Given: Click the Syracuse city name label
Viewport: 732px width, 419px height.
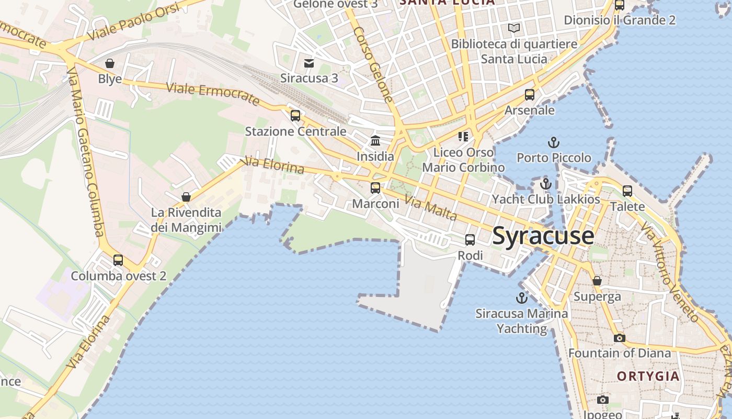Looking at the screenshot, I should (x=543, y=236).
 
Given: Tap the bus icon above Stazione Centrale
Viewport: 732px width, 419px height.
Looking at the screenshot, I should (x=295, y=116).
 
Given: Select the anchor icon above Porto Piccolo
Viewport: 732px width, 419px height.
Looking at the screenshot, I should (x=553, y=142).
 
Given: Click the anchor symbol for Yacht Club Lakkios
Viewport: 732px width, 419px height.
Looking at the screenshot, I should (x=546, y=184).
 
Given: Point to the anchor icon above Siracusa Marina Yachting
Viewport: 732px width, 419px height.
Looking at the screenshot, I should (x=521, y=298).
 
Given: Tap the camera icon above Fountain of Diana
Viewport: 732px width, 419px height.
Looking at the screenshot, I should (x=619, y=338).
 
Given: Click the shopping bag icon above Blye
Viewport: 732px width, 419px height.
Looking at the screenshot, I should (x=110, y=63).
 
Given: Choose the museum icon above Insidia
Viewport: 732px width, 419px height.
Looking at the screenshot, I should (x=375, y=140).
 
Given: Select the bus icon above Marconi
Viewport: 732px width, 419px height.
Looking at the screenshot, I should (x=375, y=188).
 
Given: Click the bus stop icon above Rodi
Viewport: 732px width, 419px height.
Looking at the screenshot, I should (x=470, y=240).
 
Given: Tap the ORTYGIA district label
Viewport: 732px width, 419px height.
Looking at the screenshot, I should (x=648, y=376).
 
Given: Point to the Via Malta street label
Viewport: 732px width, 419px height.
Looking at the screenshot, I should (x=431, y=208).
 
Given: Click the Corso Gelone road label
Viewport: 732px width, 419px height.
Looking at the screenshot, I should (x=373, y=64).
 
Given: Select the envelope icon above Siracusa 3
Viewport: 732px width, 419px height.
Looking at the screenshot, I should (x=309, y=63).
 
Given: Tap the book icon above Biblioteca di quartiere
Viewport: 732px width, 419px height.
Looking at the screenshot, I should (x=514, y=28).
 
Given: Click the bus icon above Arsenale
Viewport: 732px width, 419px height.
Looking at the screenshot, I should (x=530, y=95).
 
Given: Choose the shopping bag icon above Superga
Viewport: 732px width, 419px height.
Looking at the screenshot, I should (x=597, y=281).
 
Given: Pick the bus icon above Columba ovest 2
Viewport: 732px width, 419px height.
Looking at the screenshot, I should (x=118, y=260).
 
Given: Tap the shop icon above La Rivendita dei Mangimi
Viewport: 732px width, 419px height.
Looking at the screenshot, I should (x=186, y=197).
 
